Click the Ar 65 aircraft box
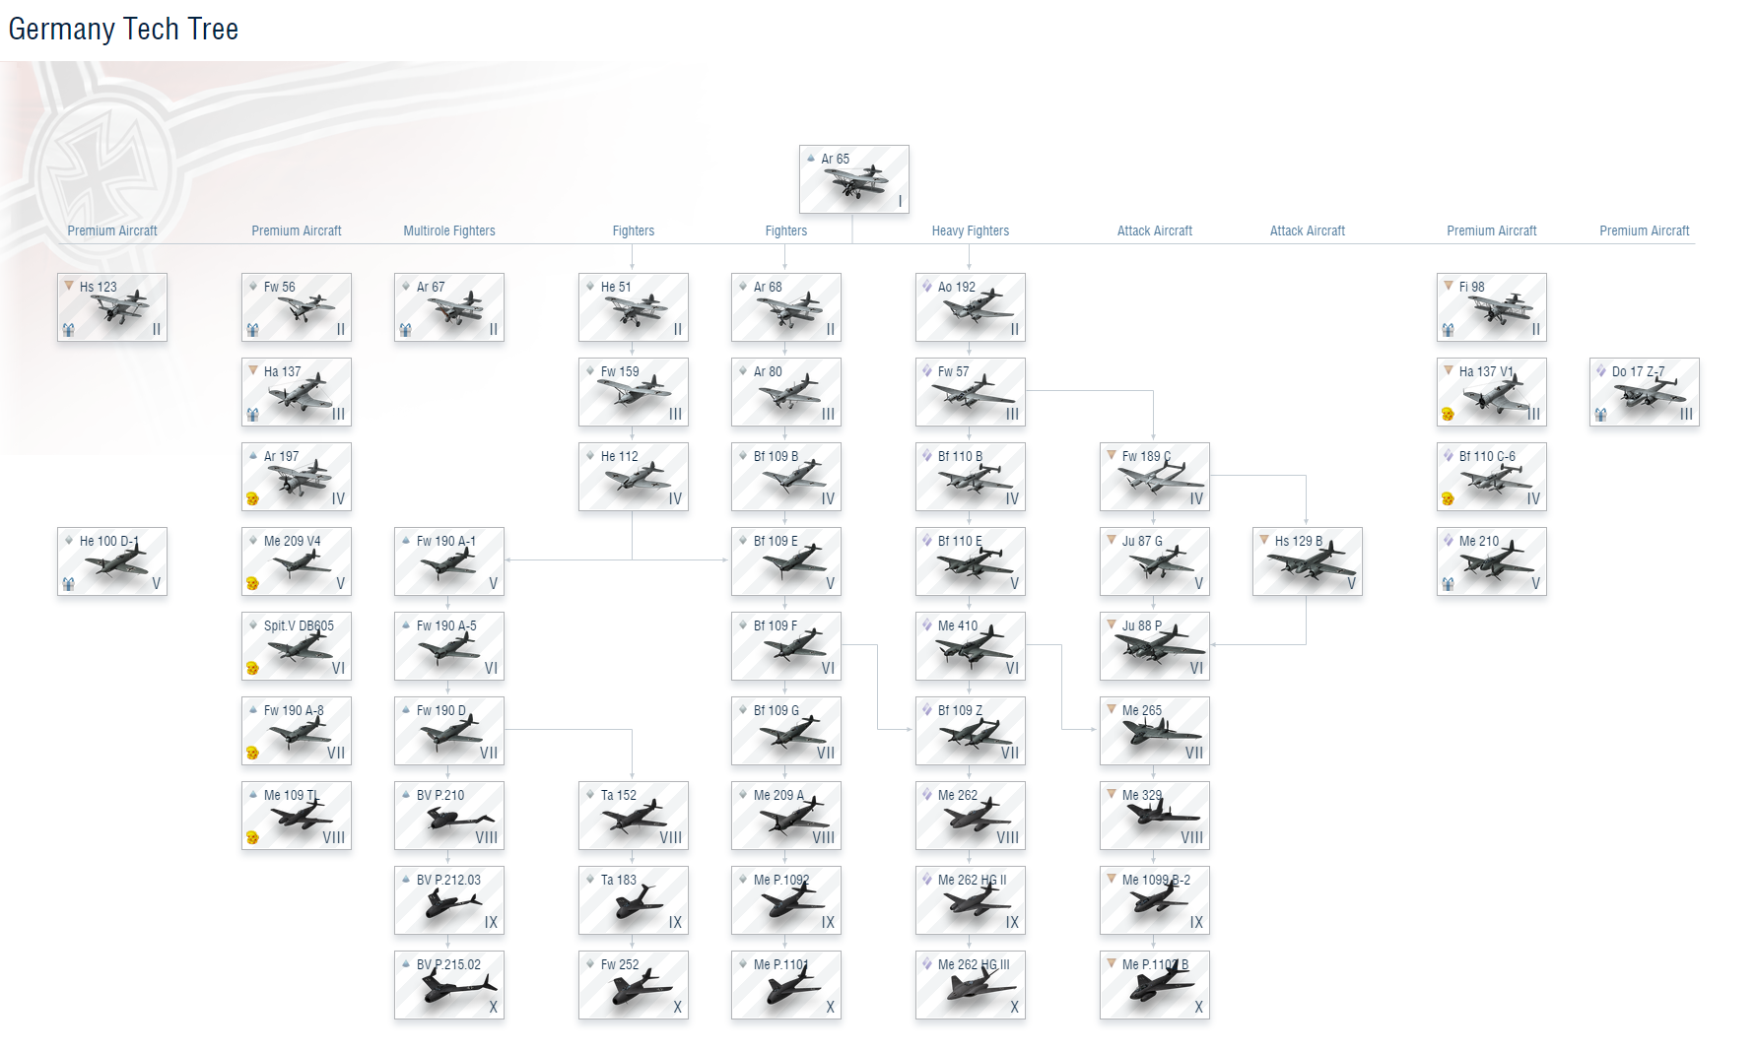(853, 179)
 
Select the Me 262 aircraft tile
(970, 816)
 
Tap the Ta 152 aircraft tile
(633, 816)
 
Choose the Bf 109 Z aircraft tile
(970, 731)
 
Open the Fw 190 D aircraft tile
(448, 731)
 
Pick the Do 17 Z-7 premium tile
(1644, 392)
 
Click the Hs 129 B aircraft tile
(1307, 561)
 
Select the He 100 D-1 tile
(111, 561)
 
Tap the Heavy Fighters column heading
(970, 230)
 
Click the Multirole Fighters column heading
(448, 230)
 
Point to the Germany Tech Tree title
(123, 30)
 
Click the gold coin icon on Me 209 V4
(252, 583)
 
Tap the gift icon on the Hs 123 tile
(68, 330)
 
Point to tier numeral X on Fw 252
(677, 1007)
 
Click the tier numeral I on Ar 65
(900, 201)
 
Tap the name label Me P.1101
(780, 964)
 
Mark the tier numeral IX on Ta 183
(675, 922)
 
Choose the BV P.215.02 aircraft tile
(448, 985)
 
